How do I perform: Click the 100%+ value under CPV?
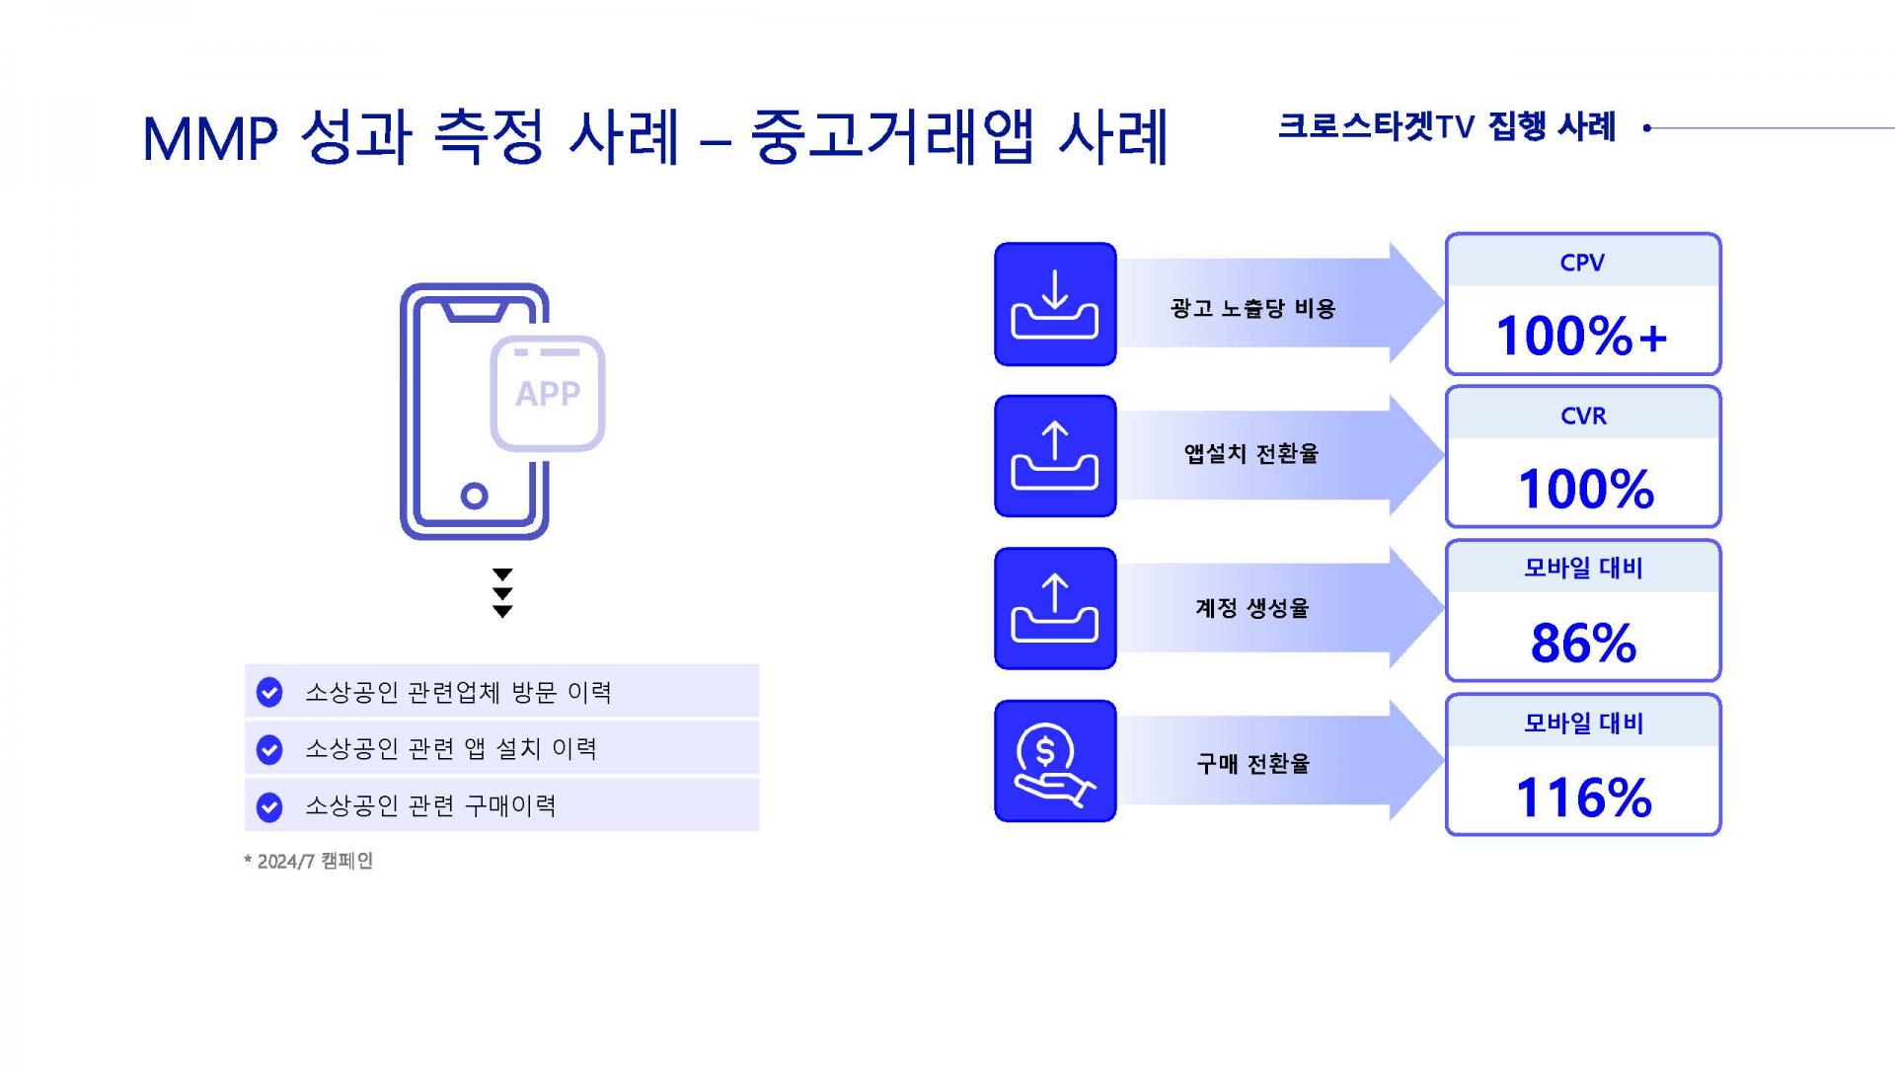click(x=1581, y=336)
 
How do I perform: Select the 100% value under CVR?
click(x=1585, y=489)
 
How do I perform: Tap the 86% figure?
click(x=1583, y=643)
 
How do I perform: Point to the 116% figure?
click(x=1583, y=798)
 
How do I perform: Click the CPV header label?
click(x=1582, y=263)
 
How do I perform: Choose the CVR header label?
click(x=1583, y=416)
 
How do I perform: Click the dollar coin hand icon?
click(x=1055, y=761)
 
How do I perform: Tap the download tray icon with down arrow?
click(x=1055, y=304)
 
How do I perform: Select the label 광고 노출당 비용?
click(x=1252, y=308)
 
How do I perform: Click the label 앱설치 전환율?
click(x=1251, y=453)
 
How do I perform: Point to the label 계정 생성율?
click(x=1251, y=607)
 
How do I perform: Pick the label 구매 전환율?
click(x=1252, y=763)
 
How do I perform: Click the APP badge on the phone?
click(x=548, y=393)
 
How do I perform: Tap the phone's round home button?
click(x=475, y=495)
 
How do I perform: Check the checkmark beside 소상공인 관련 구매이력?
click(x=269, y=807)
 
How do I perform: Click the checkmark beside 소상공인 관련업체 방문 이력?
click(x=269, y=693)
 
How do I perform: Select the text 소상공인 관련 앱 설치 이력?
click(x=451, y=749)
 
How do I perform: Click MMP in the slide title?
click(x=209, y=139)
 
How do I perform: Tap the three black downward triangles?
click(x=502, y=593)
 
